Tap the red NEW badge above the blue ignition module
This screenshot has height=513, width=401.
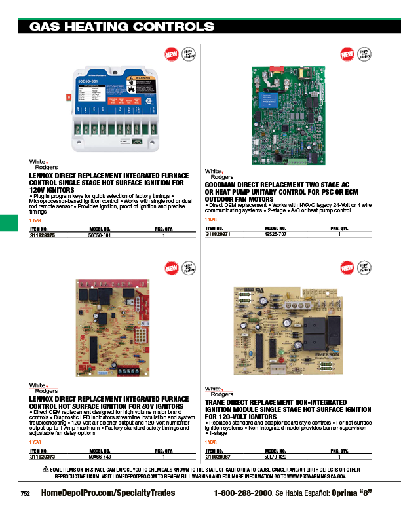[x=171, y=54]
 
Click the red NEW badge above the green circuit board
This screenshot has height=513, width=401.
[x=347, y=54]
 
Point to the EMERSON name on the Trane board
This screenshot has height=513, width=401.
[x=326, y=353]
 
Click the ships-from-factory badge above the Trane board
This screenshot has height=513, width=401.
[x=364, y=268]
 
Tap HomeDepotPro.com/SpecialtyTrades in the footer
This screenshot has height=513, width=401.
[x=108, y=493]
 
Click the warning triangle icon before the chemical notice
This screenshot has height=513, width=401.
[x=46, y=470]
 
